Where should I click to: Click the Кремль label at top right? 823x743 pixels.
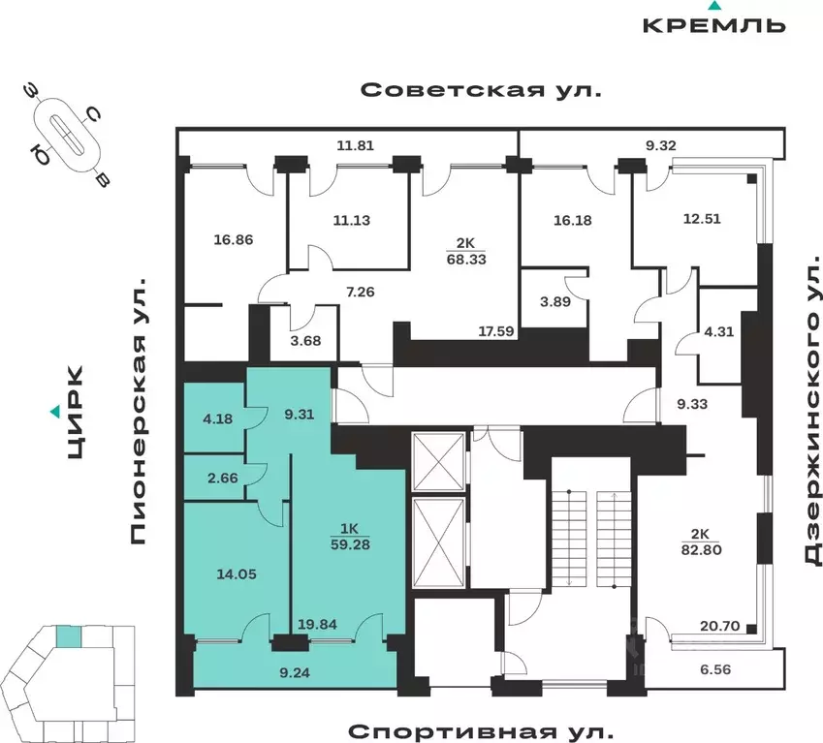713,24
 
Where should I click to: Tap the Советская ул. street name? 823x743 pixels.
481,90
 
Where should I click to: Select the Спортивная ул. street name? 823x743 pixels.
481,729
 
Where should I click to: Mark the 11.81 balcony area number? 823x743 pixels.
354,146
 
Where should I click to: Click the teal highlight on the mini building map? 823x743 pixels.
68,636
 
